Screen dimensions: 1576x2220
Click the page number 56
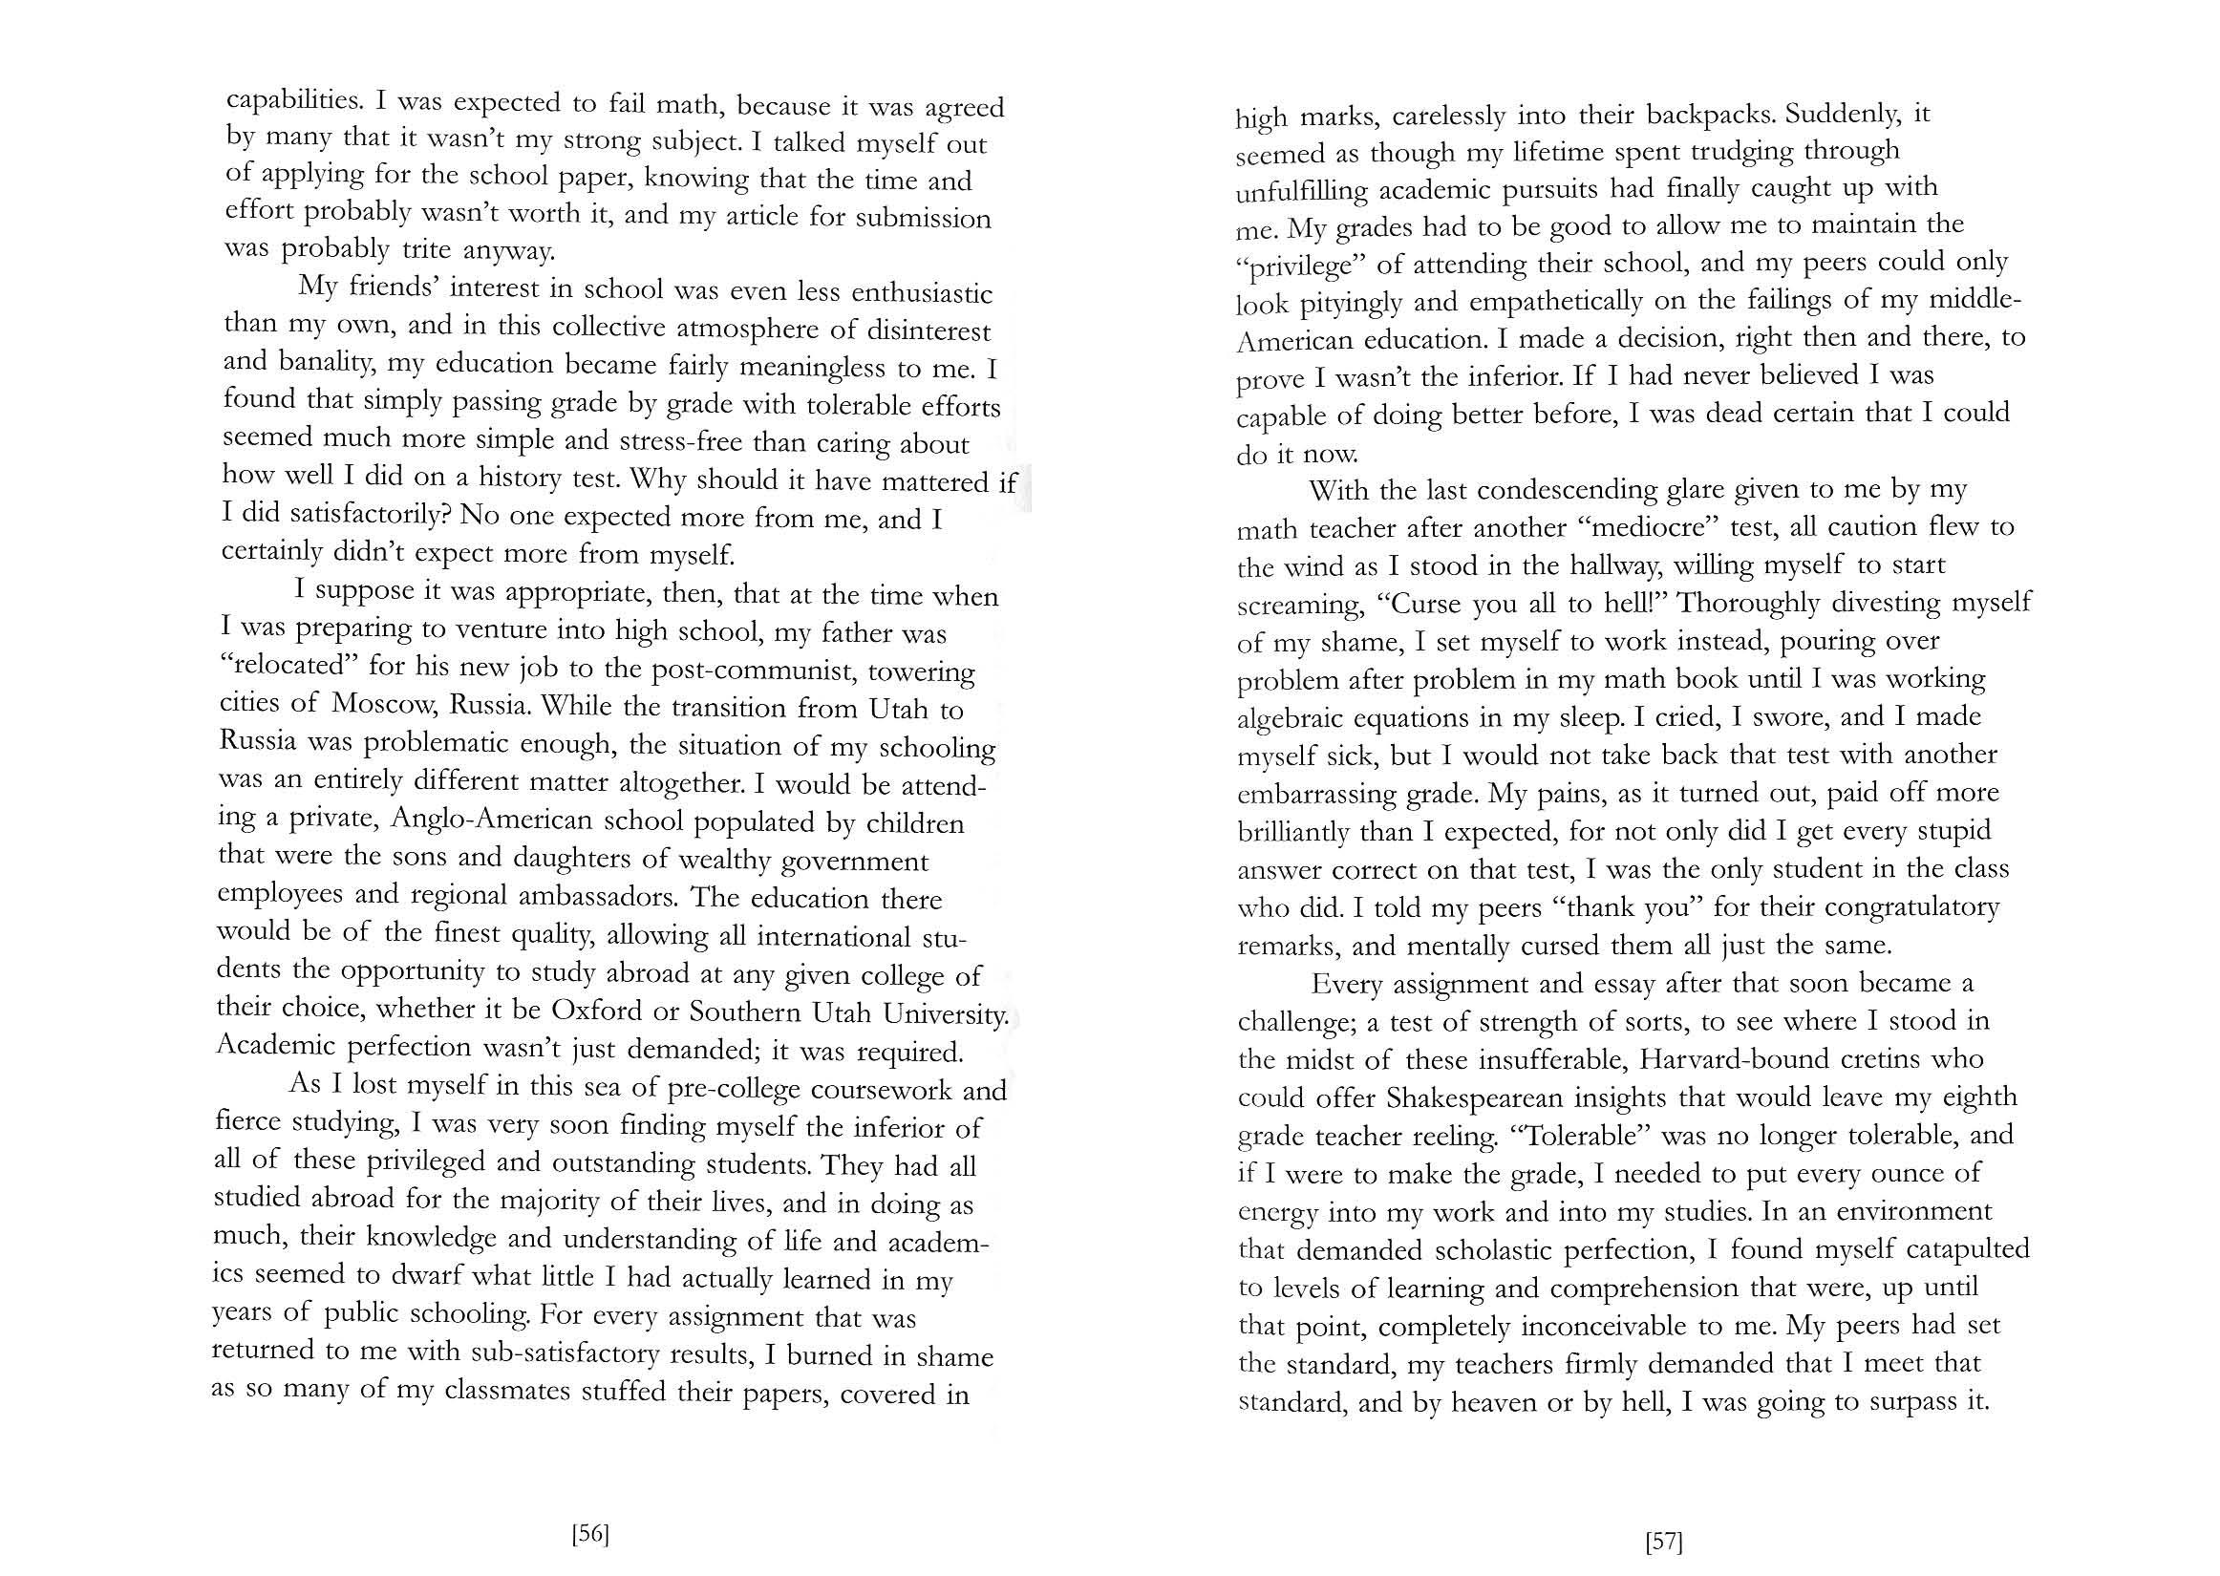[590, 1534]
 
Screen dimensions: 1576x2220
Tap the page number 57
[1663, 1541]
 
